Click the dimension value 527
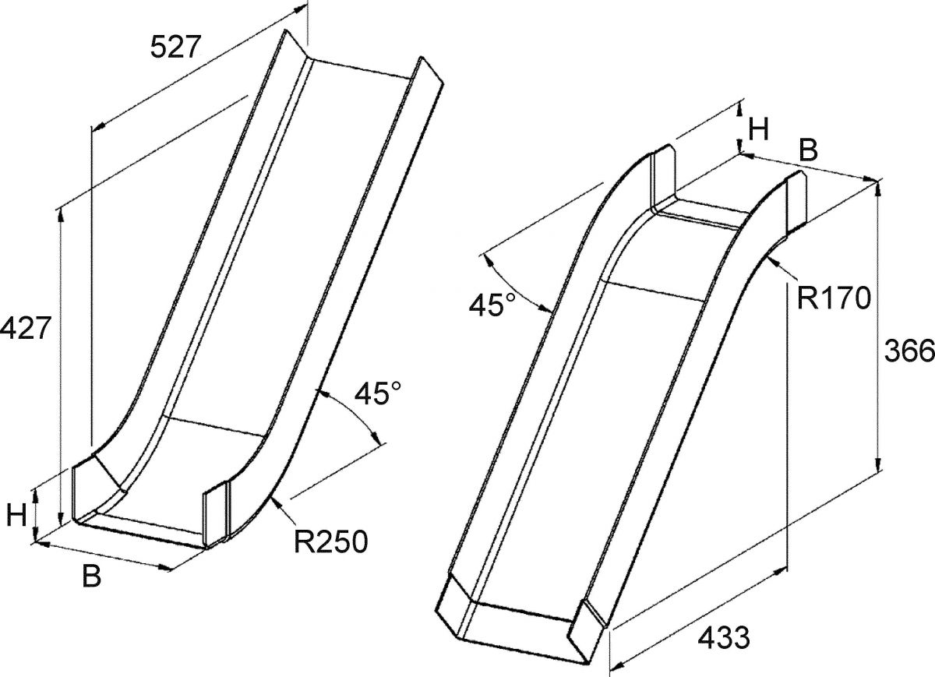(x=176, y=47)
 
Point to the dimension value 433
(x=724, y=637)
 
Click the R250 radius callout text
(x=331, y=541)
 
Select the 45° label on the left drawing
(x=377, y=393)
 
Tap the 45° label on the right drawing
(x=492, y=305)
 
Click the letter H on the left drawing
(x=17, y=515)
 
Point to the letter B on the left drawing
(x=91, y=576)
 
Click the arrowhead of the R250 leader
(x=276, y=504)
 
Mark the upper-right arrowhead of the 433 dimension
(x=780, y=570)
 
